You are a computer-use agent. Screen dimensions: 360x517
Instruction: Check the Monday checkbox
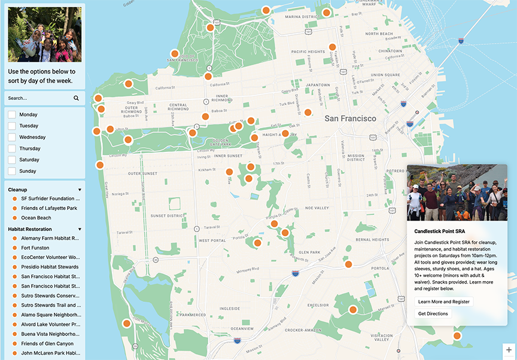(x=12, y=114)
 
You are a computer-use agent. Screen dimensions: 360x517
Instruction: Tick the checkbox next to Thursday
(x=12, y=148)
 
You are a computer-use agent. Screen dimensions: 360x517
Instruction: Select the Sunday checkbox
(x=12, y=171)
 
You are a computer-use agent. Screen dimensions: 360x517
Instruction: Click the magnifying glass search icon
(x=76, y=98)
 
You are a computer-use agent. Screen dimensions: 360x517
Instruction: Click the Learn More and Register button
(x=443, y=301)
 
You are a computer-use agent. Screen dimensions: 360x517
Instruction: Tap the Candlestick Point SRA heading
(x=440, y=231)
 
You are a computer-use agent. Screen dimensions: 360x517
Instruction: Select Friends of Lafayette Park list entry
(x=48, y=208)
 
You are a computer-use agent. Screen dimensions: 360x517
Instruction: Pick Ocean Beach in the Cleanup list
(x=36, y=218)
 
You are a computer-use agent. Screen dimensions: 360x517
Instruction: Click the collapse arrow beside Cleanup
(x=80, y=190)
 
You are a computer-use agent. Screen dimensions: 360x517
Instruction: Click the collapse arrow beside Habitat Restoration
(x=80, y=229)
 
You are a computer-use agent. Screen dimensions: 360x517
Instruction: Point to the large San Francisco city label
(x=350, y=118)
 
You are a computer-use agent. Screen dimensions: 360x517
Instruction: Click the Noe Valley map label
(x=317, y=208)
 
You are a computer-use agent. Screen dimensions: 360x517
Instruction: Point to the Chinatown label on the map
(x=390, y=51)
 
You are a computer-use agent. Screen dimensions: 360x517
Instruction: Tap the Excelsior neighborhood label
(x=318, y=304)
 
